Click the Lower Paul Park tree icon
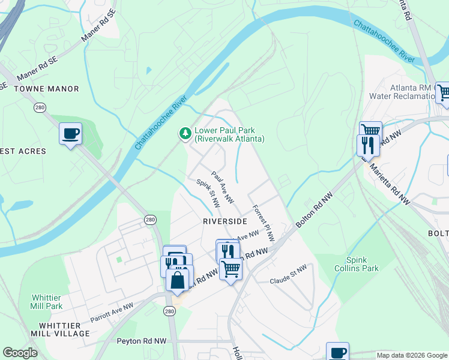(185, 133)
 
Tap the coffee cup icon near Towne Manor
(70, 133)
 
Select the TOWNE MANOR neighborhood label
(46, 89)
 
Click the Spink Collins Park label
(362, 264)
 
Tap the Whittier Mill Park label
(46, 302)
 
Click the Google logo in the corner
(20, 353)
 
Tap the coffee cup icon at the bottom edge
(337, 352)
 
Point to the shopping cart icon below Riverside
(230, 269)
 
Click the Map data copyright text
(411, 355)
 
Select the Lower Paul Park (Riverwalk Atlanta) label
(229, 134)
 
